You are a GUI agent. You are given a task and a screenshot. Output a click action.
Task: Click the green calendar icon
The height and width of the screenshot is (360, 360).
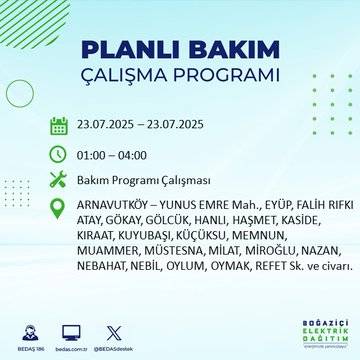(x=59, y=126)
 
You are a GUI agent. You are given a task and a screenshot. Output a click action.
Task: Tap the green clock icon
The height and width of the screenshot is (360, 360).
(x=59, y=154)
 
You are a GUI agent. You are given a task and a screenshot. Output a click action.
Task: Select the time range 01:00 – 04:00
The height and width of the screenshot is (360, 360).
(x=111, y=155)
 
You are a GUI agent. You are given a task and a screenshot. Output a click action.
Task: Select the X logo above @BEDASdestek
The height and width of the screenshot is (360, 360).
(x=112, y=329)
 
